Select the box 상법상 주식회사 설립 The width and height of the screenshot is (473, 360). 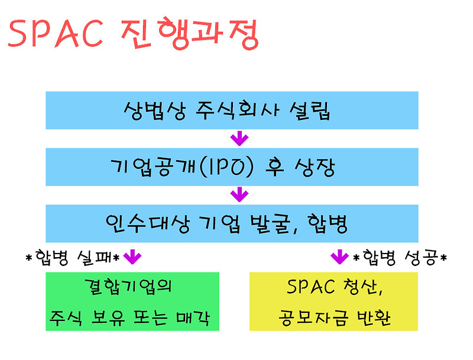pos(232,111)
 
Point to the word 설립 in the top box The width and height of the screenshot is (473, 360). pos(310,111)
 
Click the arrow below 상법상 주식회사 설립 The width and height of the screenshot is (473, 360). pos(239,140)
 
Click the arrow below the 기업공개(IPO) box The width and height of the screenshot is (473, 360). pos(239,194)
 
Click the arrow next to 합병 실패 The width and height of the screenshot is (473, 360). pos(132,257)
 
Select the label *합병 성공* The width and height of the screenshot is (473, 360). pos(400,257)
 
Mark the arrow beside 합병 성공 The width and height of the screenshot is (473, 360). pos(339,257)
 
